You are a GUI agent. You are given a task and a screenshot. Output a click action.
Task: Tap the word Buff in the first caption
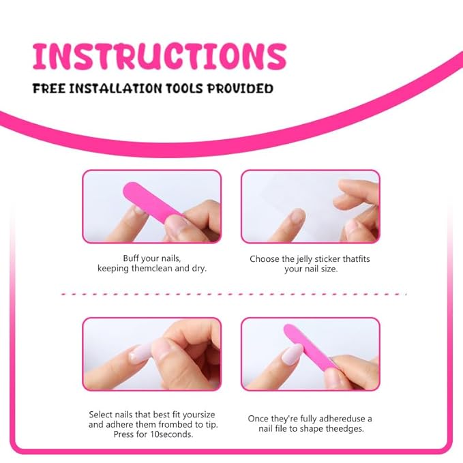pyautogui.click(x=133, y=258)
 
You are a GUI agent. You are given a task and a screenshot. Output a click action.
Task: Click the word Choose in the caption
pyautogui.click(x=264, y=259)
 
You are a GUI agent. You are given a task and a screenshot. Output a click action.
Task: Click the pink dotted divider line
pyautogui.click(x=232, y=294)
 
